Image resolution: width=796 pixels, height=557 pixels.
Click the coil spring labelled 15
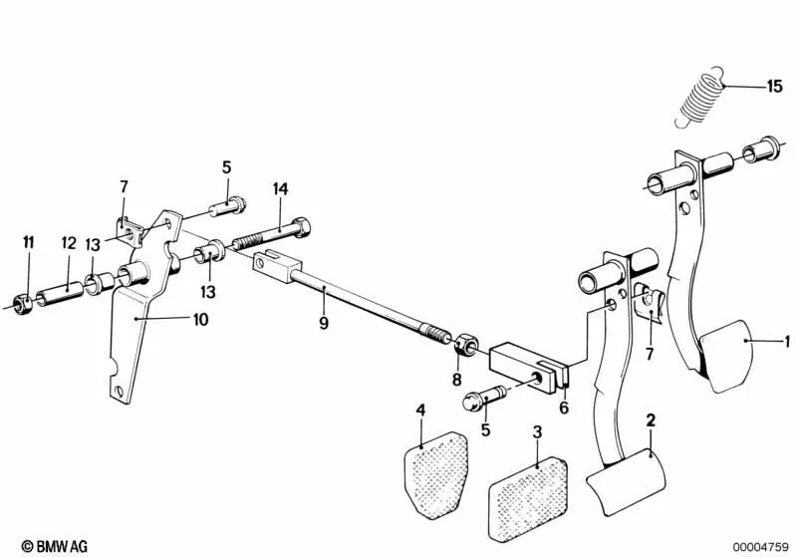point(700,98)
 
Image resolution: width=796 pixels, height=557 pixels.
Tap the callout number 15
point(774,87)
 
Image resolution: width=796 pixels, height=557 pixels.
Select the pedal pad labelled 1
point(725,357)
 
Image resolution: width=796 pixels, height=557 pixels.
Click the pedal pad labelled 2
point(626,481)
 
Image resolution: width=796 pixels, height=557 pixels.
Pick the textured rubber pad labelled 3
point(528,498)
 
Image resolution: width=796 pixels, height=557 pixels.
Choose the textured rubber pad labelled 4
point(436,475)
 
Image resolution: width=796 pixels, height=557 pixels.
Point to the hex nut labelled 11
point(21,304)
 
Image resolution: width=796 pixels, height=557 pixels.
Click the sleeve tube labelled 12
point(60,295)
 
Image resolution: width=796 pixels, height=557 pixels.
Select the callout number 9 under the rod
point(324,323)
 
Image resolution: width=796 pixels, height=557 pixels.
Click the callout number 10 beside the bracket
point(201,320)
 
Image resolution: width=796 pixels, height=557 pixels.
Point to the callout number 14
point(280,189)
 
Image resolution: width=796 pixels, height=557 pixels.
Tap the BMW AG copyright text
point(55,546)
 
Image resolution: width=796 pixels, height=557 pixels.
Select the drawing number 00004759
point(760,547)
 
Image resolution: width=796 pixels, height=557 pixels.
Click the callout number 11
point(29,242)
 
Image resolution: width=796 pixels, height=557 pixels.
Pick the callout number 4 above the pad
point(420,410)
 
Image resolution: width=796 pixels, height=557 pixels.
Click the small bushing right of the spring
point(760,148)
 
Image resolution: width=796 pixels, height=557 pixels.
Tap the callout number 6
point(564,408)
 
